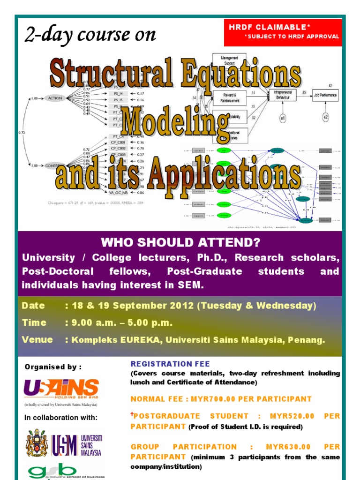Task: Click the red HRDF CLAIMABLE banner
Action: (x=283, y=32)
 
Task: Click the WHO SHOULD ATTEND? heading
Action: (x=180, y=242)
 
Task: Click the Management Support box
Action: (x=229, y=60)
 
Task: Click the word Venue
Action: (x=37, y=339)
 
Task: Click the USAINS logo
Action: (x=61, y=389)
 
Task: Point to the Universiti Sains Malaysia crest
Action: (x=37, y=443)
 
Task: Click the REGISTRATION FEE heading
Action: (x=170, y=363)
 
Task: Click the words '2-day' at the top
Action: (x=45, y=35)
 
